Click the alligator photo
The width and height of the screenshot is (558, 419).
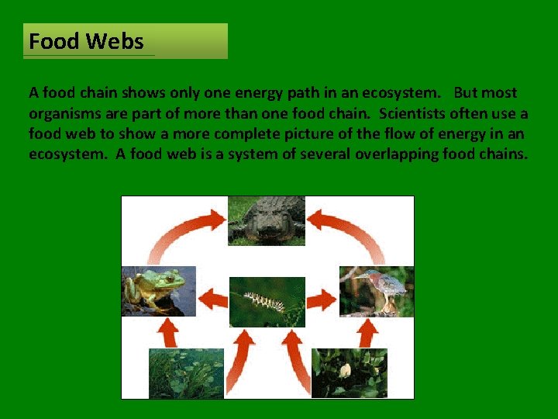click(266, 220)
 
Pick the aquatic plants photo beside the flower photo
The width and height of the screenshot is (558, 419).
click(186, 373)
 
